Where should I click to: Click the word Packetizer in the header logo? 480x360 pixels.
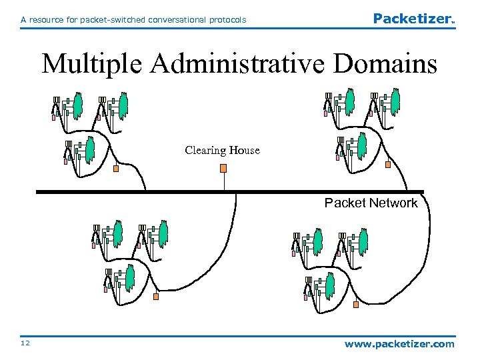(412, 19)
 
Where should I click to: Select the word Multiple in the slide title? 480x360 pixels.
(93, 65)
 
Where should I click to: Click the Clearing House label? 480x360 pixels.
(222, 150)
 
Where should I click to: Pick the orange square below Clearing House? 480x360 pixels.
(224, 168)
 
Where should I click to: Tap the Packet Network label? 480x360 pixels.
(371, 203)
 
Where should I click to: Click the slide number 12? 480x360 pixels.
(25, 343)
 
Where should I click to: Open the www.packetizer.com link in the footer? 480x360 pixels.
(399, 344)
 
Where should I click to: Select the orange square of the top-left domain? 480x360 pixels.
(116, 168)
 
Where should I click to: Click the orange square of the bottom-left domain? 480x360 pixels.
(156, 297)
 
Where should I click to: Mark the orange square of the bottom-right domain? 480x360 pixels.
(355, 305)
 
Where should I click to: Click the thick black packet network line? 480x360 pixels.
(133, 192)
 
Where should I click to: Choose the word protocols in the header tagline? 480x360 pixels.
(227, 20)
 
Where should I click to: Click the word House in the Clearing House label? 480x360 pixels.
(244, 150)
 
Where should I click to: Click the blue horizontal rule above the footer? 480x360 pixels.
(240, 335)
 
